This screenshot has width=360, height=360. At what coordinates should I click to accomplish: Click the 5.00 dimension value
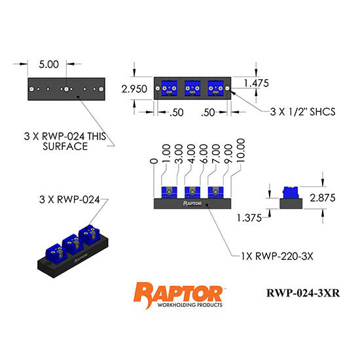point(49,65)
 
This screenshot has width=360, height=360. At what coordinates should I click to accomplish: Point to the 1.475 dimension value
point(257,82)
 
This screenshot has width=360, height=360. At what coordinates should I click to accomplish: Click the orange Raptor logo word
point(178,291)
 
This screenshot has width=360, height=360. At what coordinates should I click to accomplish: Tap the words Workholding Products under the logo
point(178,306)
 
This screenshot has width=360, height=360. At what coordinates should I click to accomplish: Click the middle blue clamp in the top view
point(192,88)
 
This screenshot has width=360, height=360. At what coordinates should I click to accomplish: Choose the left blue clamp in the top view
point(168,88)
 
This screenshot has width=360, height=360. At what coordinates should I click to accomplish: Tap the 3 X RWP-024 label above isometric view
point(69,200)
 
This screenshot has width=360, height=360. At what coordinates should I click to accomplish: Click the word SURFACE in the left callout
point(65,147)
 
